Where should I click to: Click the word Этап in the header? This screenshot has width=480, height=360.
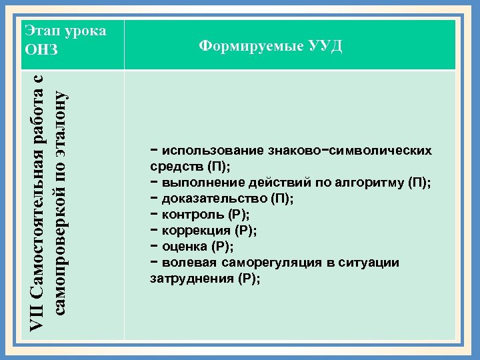pos(40,31)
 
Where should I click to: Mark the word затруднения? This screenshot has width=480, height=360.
pos(193,279)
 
